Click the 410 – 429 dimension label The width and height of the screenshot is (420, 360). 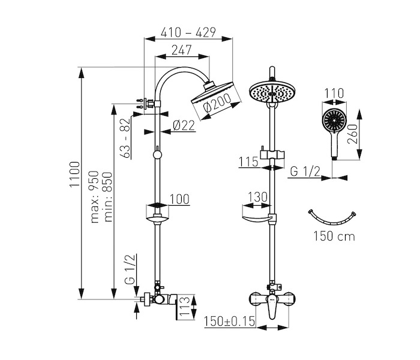pos(188,32)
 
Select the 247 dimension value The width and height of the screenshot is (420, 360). pos(182,50)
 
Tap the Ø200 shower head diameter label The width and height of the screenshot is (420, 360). pos(217,103)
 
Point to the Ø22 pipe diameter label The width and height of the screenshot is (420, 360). pos(184,125)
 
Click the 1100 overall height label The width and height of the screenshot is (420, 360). pos(75,175)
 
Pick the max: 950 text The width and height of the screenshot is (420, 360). pos(95,197)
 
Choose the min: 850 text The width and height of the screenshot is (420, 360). pos(108,197)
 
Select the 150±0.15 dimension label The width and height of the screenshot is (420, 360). pos(229,321)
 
